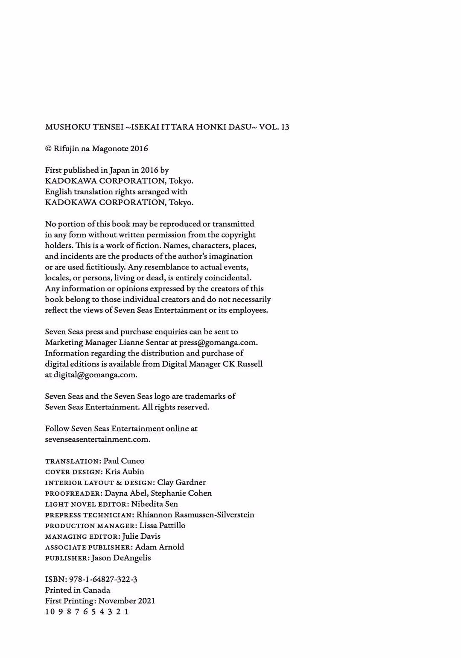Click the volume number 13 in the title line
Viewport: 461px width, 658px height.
coord(285,127)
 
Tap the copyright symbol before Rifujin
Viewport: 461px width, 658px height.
coord(48,149)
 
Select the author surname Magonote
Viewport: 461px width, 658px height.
coord(110,149)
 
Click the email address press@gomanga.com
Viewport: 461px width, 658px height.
coord(218,342)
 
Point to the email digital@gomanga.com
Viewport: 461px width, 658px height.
coord(95,375)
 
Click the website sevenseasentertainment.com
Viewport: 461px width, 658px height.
coord(97,439)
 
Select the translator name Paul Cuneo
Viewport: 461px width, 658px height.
coord(124,461)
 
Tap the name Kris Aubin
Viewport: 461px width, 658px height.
coord(125,472)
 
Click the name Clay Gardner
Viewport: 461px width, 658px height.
coord(181,482)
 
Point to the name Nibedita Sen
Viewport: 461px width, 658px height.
coord(155,504)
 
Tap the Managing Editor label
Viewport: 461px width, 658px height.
coord(82,537)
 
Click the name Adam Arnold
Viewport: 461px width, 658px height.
coord(160,547)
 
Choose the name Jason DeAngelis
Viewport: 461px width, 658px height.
coord(121,558)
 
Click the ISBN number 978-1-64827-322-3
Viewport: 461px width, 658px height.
coord(103,579)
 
